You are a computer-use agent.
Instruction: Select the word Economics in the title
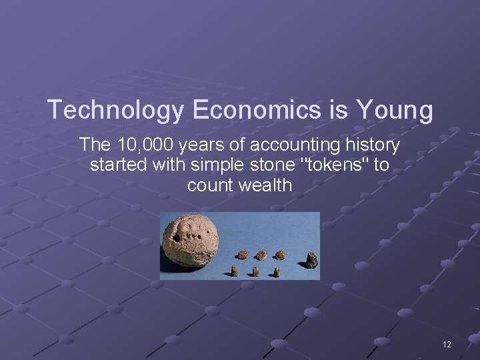pyautogui.click(x=255, y=110)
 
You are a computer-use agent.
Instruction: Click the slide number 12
pyautogui.click(x=447, y=345)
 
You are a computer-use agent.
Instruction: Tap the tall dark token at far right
pyautogui.click(x=312, y=260)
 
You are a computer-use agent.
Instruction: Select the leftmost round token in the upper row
pyautogui.click(x=243, y=255)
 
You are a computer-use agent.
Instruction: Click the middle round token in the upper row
pyautogui.click(x=261, y=255)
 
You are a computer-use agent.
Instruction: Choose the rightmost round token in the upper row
pyautogui.click(x=280, y=255)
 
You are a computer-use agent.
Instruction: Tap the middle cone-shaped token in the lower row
pyautogui.click(x=256, y=271)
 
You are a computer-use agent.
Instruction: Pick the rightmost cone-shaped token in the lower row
pyautogui.click(x=277, y=272)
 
